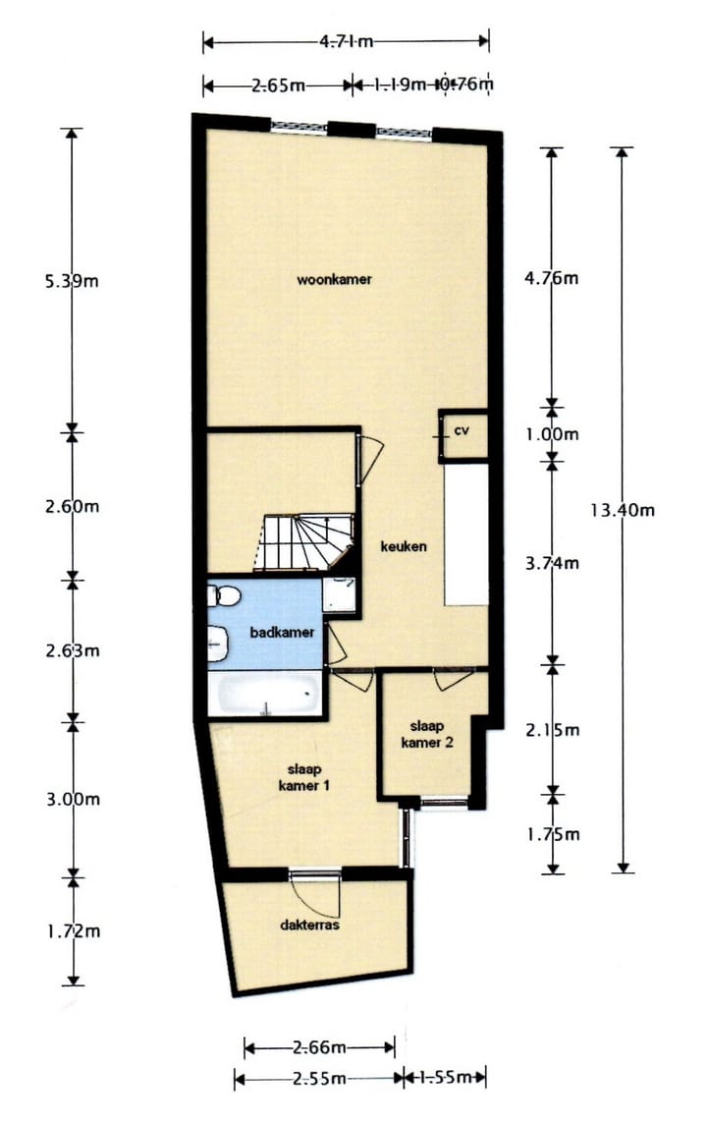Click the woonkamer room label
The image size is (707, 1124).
(x=334, y=280)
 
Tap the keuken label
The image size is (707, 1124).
(x=404, y=546)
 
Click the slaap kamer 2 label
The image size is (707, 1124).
(x=427, y=734)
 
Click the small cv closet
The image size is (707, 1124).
(x=462, y=434)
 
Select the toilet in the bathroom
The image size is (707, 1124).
(x=222, y=595)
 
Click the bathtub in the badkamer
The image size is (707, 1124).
(x=264, y=695)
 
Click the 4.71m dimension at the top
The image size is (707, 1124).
(x=346, y=41)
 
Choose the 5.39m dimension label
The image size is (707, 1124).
(x=73, y=281)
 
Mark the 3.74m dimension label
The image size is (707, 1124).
(x=553, y=563)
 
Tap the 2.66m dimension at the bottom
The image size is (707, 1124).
(x=319, y=1048)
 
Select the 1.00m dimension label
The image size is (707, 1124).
(x=553, y=433)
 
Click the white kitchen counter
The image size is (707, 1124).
(x=466, y=535)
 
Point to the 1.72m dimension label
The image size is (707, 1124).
(x=73, y=930)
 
